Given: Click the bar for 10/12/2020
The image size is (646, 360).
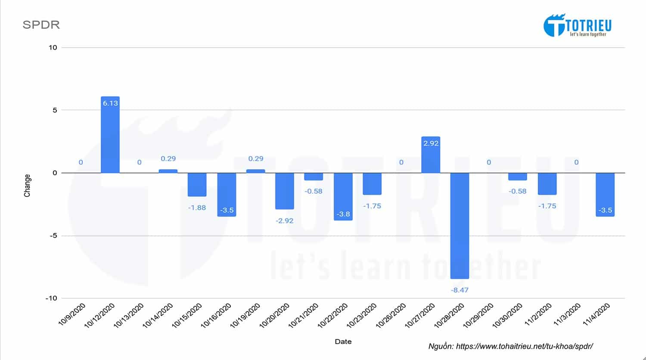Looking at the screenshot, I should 110,135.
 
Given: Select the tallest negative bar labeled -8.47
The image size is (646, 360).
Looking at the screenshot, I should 460,226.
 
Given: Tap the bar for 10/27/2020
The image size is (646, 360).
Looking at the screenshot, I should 431,155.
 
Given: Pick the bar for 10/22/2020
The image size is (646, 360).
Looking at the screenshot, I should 343,196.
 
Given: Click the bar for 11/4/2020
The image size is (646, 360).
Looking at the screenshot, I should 605,194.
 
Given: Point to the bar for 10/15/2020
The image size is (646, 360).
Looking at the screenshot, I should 197,184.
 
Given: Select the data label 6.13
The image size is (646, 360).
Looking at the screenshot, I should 110,103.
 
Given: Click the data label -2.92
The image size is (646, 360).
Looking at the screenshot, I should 285,220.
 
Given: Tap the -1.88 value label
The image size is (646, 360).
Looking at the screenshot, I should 197,208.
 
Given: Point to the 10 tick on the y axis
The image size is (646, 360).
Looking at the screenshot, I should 53,47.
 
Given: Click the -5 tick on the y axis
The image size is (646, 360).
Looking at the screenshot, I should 53,236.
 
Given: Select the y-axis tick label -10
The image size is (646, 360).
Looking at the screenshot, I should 51,298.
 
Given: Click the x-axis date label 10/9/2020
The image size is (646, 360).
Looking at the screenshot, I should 72,315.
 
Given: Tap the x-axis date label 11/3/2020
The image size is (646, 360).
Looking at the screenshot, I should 567,315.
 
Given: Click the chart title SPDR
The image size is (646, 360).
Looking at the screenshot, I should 41,25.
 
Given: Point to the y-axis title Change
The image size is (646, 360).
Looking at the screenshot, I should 27,186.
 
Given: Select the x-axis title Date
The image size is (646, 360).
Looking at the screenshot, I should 343,341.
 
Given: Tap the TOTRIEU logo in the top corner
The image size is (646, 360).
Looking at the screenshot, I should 577,25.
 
